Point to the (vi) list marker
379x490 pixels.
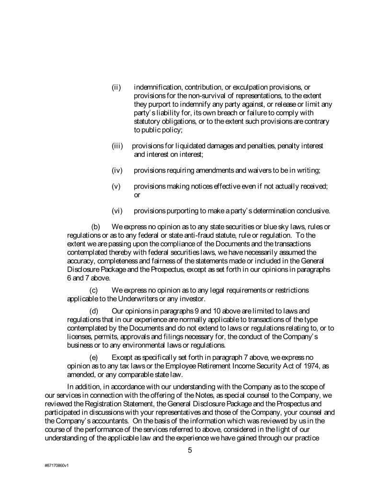(117, 211)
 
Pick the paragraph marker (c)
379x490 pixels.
(95, 290)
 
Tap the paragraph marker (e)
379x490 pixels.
(95, 357)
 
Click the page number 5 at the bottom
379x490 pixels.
(190, 449)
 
